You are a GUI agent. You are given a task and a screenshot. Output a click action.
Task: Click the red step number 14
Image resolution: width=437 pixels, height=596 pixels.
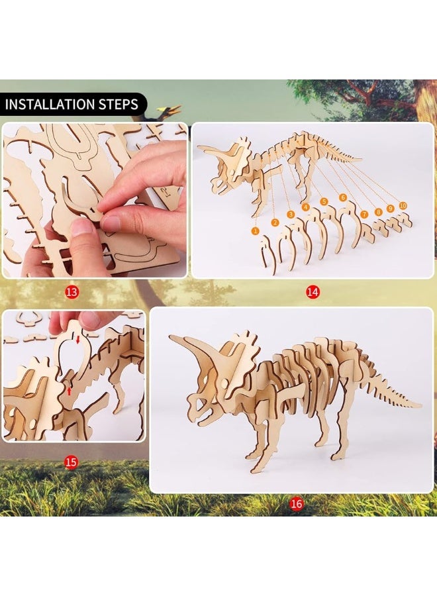[313, 291]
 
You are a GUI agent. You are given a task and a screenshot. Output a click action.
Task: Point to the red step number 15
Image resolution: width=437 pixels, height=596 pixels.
[70, 462]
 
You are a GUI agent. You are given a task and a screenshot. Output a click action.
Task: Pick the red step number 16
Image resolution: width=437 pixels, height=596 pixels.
[296, 505]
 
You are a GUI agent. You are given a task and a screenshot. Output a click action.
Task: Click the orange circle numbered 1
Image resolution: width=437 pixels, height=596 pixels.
[256, 230]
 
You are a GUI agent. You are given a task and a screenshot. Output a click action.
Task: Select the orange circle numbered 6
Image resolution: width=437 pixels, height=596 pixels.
[343, 197]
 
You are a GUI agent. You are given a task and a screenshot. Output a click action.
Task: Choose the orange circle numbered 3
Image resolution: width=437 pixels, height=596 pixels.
[291, 214]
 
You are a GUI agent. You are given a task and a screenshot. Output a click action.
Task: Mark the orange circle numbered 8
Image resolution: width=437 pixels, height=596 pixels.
[379, 212]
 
